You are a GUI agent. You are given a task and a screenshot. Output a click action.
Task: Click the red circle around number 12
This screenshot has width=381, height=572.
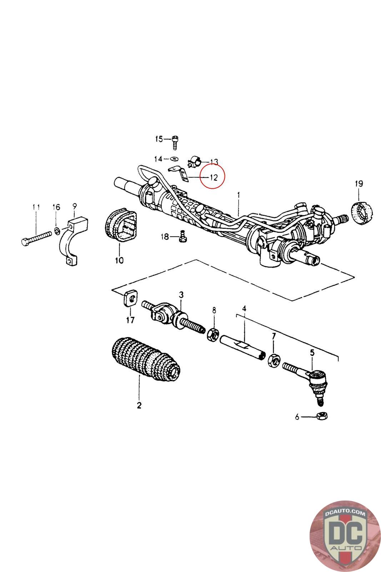[213, 177]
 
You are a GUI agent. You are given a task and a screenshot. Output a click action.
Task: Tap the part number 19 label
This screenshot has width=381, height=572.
[359, 184]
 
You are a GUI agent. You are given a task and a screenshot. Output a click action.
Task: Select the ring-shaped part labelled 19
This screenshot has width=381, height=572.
[362, 213]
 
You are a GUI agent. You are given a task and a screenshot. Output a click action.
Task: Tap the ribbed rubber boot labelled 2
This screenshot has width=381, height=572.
[145, 360]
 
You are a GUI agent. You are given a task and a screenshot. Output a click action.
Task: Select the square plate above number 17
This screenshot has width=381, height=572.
[129, 299]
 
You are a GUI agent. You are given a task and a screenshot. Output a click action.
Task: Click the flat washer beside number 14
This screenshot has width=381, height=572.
[174, 158]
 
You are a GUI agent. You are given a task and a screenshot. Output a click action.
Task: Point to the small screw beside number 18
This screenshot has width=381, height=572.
[183, 237]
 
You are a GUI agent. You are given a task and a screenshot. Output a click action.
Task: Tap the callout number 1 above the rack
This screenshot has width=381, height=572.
[239, 195]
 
